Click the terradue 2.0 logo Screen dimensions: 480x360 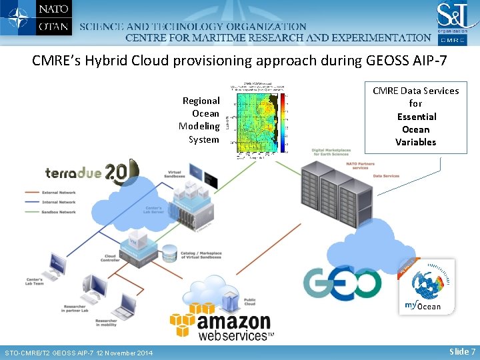click(90, 173)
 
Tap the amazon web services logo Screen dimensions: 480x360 click(223, 323)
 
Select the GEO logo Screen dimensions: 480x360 click(343, 283)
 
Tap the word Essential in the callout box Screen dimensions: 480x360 click(415, 117)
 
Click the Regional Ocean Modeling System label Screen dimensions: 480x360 click(200, 120)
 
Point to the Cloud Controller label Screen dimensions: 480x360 click(111, 259)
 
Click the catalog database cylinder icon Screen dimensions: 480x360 click(169, 253)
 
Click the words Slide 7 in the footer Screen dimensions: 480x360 click(462, 351)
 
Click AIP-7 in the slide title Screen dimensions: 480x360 click(429, 61)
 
